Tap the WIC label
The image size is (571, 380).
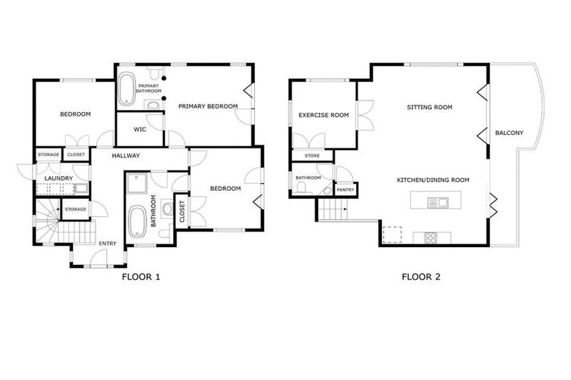[x=140, y=130]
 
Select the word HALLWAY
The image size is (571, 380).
[x=126, y=155]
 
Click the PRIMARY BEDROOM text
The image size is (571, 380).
[x=208, y=107]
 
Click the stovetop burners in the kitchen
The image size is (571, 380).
[x=431, y=237]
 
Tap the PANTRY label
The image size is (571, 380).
[x=346, y=190]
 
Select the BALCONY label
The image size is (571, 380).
[x=509, y=133]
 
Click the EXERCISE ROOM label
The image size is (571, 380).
[x=323, y=115]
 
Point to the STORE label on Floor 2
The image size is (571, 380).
[x=312, y=156]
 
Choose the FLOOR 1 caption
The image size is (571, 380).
[x=141, y=278]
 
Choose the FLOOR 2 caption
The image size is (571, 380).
[x=422, y=278]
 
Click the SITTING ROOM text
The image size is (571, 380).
[x=429, y=107]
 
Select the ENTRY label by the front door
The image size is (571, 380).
[x=108, y=243]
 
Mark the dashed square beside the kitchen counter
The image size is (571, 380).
[x=391, y=235]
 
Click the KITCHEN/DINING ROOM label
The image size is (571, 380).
[x=433, y=180]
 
